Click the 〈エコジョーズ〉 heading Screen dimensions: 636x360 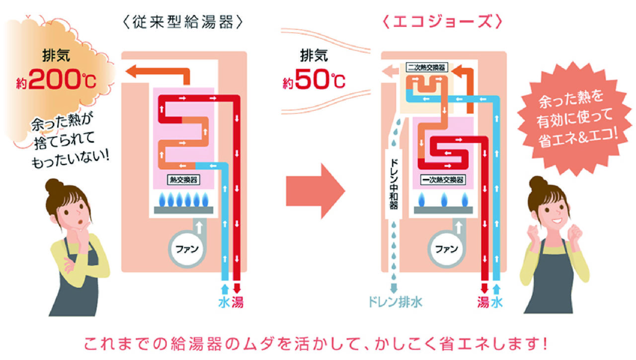442,21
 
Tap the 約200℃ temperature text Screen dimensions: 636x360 56,79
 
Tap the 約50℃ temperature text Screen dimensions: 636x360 314,79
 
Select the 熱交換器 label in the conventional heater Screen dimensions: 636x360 183,180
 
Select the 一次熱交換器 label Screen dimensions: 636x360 443,180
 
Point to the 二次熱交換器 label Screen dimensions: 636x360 426,68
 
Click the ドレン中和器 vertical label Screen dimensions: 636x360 394,184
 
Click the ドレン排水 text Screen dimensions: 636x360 395,302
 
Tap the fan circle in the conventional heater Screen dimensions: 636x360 186,249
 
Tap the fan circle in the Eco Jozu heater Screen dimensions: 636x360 446,249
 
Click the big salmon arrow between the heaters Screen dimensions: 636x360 315,191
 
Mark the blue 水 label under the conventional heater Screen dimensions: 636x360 224,302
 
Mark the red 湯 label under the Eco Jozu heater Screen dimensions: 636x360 483,302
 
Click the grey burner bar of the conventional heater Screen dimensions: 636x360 183,210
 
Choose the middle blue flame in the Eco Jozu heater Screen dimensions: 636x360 444,199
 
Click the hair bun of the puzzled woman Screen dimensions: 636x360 54,186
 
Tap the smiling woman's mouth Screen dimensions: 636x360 556,220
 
